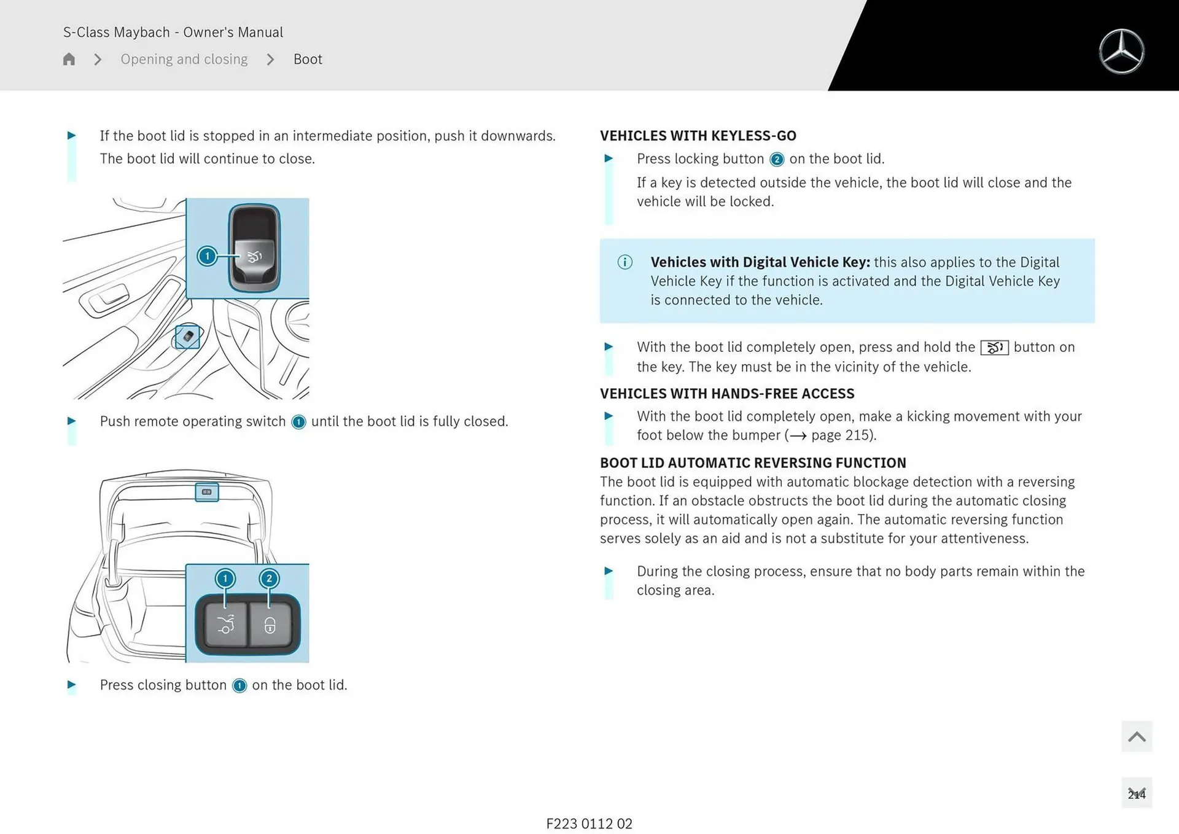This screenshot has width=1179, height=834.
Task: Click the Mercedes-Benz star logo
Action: (x=1121, y=52)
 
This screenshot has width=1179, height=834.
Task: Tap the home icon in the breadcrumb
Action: (x=69, y=59)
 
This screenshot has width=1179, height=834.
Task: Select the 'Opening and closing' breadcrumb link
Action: (x=184, y=59)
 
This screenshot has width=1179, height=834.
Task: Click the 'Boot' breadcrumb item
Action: (x=307, y=59)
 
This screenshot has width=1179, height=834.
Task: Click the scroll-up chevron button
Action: (x=1136, y=736)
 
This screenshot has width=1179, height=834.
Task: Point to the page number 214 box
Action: (x=1136, y=793)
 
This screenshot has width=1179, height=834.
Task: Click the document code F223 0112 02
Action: (x=589, y=824)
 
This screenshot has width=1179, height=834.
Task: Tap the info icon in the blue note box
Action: (x=625, y=262)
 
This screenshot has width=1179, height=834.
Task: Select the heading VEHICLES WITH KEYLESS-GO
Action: (x=698, y=136)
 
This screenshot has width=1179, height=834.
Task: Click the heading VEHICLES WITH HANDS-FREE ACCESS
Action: (x=727, y=394)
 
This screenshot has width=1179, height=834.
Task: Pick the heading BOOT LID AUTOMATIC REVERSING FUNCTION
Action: (x=753, y=462)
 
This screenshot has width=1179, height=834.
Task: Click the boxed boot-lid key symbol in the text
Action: (x=994, y=348)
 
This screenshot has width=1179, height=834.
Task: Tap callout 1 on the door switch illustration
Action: (x=208, y=255)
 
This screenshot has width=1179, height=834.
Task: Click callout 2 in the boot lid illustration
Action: (x=269, y=578)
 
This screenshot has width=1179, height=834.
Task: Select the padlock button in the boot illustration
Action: (x=270, y=625)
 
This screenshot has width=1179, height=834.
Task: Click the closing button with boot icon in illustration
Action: (x=225, y=625)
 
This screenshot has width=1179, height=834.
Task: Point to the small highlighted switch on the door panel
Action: (x=187, y=337)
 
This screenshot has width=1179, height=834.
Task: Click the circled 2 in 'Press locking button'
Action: (x=777, y=160)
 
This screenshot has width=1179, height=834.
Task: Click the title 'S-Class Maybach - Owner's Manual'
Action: (x=173, y=32)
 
